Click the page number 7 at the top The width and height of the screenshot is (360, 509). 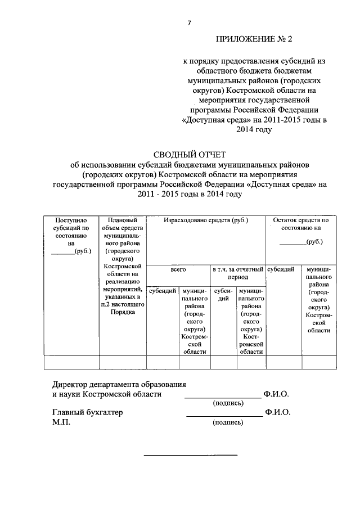pyautogui.click(x=190, y=22)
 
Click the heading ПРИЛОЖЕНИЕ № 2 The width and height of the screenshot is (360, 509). pyautogui.click(x=255, y=39)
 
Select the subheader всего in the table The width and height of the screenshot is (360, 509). pyautogui.click(x=178, y=270)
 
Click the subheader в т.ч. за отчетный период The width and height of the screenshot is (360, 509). pyautogui.click(x=238, y=274)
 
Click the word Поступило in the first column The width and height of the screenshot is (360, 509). pyautogui.click(x=71, y=220)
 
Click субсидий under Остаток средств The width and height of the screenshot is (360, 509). pyautogui.click(x=283, y=269)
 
